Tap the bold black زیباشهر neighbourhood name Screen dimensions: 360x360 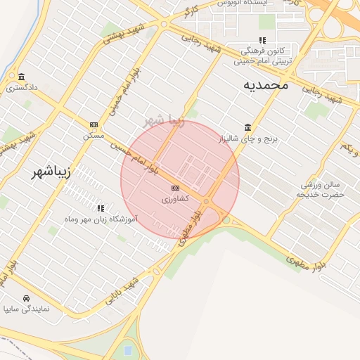pyautogui.click(x=53, y=173)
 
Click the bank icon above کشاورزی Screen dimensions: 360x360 pyautogui.click(x=175, y=188)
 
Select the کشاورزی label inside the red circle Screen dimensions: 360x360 pyautogui.click(x=175, y=200)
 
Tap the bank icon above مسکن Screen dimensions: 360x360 pyautogui.click(x=94, y=124)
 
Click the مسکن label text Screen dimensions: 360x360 pyautogui.click(x=94, y=134)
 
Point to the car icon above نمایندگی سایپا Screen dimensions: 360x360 pyautogui.click(x=27, y=298)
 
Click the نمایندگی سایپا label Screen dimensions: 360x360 pyautogui.click(x=27, y=309)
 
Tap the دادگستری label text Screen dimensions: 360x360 pyautogui.click(x=22, y=88)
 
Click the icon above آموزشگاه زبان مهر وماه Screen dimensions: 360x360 pyautogui.click(x=101, y=208)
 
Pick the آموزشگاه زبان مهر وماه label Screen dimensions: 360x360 pyautogui.click(x=101, y=219)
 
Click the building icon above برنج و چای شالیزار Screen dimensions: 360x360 pyautogui.click(x=248, y=127)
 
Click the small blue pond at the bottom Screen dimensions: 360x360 pyautogui.click(x=127, y=349)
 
